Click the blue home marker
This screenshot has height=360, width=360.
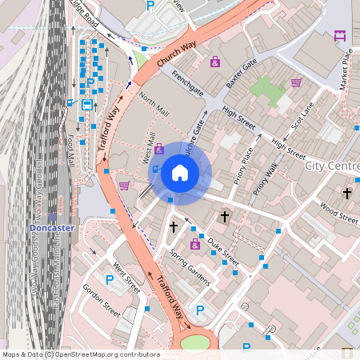(x=180, y=173)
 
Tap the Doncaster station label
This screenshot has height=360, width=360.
(x=51, y=228)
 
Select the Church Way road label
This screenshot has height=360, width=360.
(x=177, y=55)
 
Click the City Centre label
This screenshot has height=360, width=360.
(x=332, y=166)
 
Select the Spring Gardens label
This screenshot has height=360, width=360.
(x=190, y=266)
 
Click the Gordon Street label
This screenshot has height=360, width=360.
(x=102, y=301)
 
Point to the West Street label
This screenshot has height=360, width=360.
(x=126, y=276)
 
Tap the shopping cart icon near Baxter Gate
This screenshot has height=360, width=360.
(x=296, y=82)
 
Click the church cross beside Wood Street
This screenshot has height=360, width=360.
(x=346, y=194)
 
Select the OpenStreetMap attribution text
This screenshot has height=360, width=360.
(x=80, y=354)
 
